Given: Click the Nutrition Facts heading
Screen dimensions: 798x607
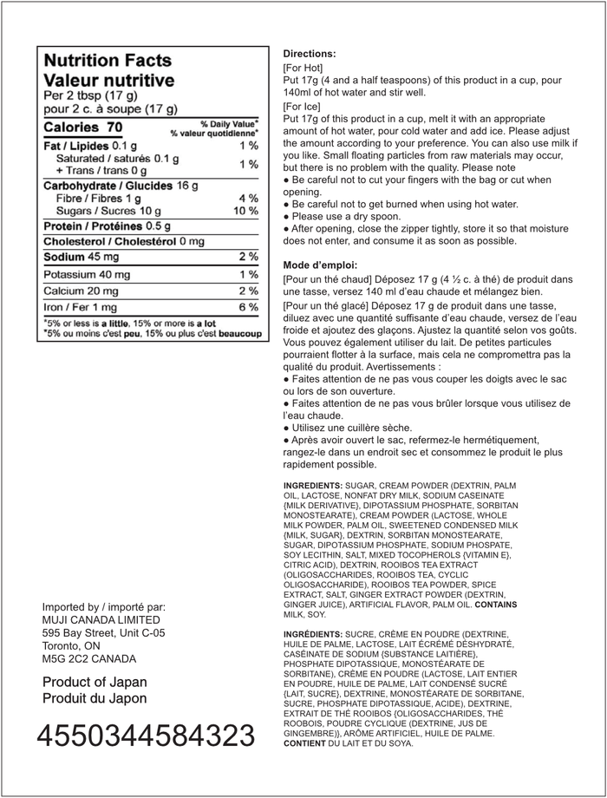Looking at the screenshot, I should pos(108,61).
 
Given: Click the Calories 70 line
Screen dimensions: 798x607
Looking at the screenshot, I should pos(83,128).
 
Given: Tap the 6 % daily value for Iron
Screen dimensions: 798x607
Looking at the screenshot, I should pos(248,307).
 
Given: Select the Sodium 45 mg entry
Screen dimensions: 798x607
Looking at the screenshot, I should pos(82,258).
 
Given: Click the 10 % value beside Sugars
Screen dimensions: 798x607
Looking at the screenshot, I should pos(246,211).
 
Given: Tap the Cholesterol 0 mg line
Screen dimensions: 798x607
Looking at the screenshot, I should pos(124,242).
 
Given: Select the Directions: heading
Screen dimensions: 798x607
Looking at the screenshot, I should pos(309,53).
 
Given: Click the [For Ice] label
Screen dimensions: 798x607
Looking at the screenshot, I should pos(302,106).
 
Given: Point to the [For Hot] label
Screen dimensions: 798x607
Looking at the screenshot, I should pos(303,67).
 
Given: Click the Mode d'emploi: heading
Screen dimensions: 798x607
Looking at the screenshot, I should pos(320,265).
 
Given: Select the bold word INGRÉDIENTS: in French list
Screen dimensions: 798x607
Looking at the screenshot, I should pos(313,635).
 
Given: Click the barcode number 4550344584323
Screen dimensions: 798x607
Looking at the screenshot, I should pos(146,736).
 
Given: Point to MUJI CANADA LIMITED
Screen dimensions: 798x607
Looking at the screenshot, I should pos(101,619).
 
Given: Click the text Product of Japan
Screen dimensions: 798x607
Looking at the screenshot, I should pos(95,682).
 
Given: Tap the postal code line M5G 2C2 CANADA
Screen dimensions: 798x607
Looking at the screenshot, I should pos(89,658).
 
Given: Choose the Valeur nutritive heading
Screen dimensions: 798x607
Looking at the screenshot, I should pos(108,80).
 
